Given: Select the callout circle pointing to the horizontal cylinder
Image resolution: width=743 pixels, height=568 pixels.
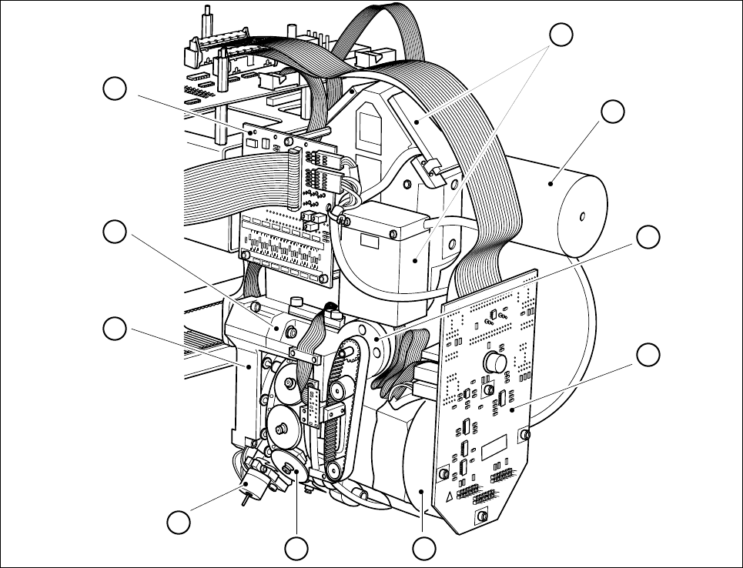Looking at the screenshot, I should pyautogui.click(x=613, y=112).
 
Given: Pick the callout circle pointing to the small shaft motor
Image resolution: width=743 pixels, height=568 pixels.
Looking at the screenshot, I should pyautogui.click(x=179, y=523).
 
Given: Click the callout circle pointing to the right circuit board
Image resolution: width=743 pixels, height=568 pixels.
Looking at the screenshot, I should pyautogui.click(x=650, y=355).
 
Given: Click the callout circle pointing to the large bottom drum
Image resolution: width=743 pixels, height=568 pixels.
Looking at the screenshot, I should pyautogui.click(x=422, y=549).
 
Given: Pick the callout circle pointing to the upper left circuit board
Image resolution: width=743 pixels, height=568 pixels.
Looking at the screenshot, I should pyautogui.click(x=115, y=89).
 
